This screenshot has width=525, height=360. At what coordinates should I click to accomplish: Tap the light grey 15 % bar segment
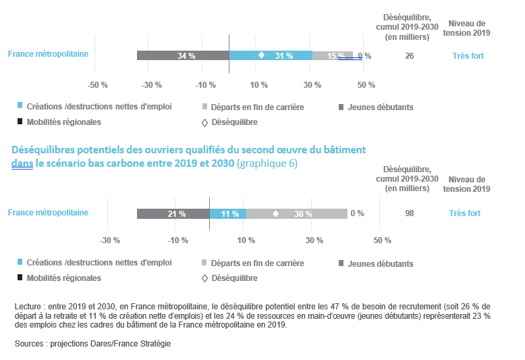click(x=332, y=55)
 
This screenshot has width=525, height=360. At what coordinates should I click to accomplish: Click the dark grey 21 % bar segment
click(x=173, y=213)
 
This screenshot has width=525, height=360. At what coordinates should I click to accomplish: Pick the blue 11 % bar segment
click(x=227, y=213)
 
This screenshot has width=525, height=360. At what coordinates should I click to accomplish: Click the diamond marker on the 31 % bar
click(x=261, y=55)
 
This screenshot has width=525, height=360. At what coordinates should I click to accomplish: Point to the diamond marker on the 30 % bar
click(x=275, y=213)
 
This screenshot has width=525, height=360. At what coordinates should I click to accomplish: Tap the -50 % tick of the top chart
click(x=99, y=85)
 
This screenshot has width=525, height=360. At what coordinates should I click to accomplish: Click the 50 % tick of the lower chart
click(x=383, y=240)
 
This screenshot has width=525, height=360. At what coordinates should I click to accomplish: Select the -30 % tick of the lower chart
click(x=109, y=240)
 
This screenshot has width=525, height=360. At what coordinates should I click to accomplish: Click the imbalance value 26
click(x=410, y=56)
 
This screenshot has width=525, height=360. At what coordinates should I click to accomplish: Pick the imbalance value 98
click(x=410, y=213)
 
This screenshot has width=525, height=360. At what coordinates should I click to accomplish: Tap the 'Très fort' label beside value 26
click(x=468, y=56)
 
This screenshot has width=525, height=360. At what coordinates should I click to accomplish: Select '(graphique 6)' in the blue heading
click(x=267, y=163)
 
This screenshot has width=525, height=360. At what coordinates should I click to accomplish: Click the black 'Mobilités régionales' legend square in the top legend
click(x=20, y=122)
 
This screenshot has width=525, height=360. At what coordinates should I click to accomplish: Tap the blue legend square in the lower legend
click(x=20, y=263)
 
